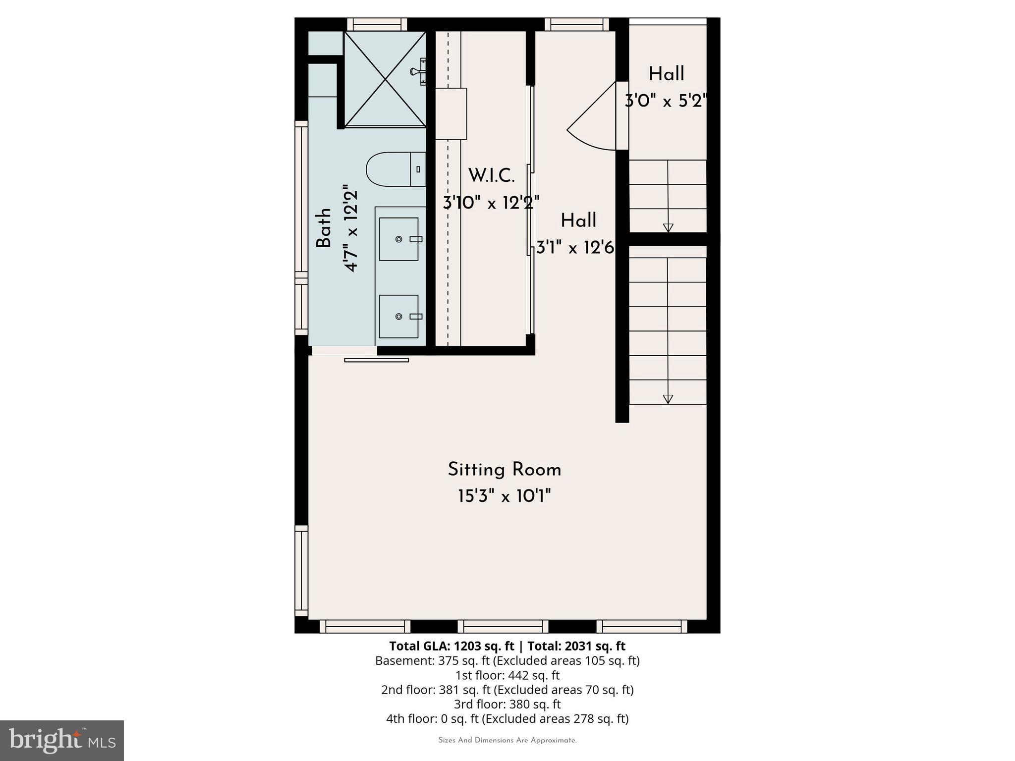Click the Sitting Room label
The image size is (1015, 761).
click(x=504, y=470)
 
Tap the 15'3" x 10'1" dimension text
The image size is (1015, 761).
click(x=504, y=496)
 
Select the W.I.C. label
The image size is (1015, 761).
click(x=491, y=175)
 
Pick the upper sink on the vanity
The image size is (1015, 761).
click(x=399, y=239)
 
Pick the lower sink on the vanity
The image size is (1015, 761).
click(x=399, y=317)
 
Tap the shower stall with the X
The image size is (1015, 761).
click(x=385, y=79)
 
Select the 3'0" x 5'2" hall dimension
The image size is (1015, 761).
click(x=665, y=102)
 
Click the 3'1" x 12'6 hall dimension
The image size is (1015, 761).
click(x=575, y=247)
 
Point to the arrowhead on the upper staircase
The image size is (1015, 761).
click(x=668, y=227)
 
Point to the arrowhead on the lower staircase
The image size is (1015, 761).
click(x=668, y=399)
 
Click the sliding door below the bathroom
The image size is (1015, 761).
click(x=376, y=360)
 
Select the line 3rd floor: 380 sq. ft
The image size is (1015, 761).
click(x=507, y=704)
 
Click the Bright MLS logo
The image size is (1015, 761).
click(x=62, y=740)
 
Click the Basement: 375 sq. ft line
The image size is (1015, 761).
click(x=507, y=661)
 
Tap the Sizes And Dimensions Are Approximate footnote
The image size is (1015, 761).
click(x=507, y=741)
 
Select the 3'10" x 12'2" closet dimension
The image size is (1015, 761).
click(x=491, y=203)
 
